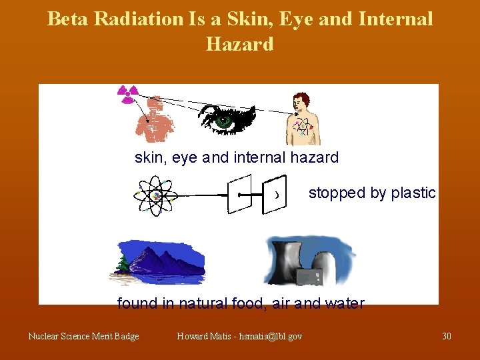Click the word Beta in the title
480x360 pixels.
pyautogui.click(x=68, y=19)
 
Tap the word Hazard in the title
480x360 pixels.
pyautogui.click(x=240, y=44)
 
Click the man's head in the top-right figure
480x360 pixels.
pyautogui.click(x=299, y=101)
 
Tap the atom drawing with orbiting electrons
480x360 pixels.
pyautogui.click(x=155, y=196)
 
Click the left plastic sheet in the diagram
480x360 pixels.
pyautogui.click(x=239, y=194)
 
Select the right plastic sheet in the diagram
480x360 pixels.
pyautogui.click(x=274, y=195)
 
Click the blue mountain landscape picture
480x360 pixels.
pyautogui.click(x=158, y=262)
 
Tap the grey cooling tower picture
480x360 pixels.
pyautogui.click(x=309, y=260)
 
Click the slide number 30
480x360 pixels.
pyautogui.click(x=446, y=336)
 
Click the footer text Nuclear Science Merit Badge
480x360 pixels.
pyautogui.click(x=83, y=336)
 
